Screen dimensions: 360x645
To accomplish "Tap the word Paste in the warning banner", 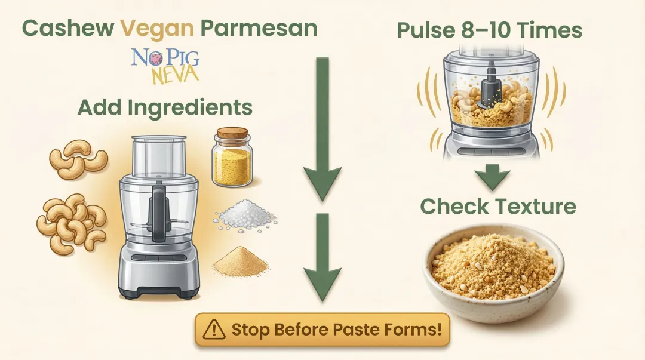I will point(337,329).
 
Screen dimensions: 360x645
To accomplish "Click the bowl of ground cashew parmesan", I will point(493,269).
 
